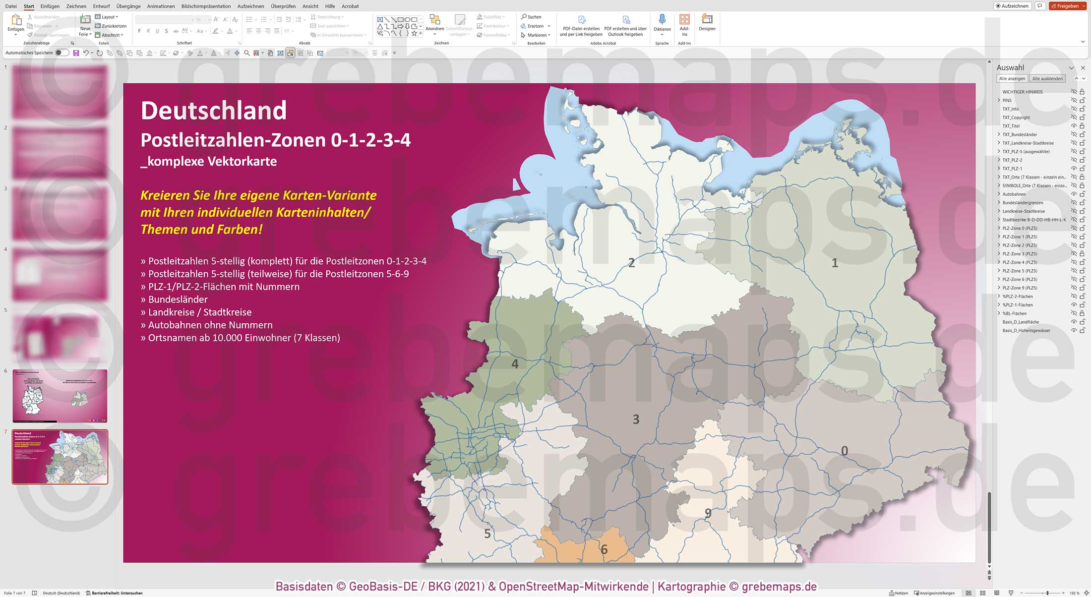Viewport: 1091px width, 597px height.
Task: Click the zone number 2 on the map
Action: (631, 263)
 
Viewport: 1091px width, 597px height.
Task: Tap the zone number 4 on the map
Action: (515, 364)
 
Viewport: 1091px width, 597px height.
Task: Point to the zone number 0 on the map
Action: (845, 451)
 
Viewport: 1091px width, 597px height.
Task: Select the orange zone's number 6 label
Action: (604, 549)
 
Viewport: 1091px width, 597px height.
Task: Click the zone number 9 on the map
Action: (708, 513)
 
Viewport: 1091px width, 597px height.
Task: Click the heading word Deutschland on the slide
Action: (214, 111)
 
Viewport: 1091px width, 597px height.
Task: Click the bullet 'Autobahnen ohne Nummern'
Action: (210, 325)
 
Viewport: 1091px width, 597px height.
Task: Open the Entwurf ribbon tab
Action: (102, 6)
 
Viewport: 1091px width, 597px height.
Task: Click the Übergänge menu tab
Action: (128, 6)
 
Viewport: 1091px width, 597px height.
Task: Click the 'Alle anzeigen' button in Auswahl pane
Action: (1012, 78)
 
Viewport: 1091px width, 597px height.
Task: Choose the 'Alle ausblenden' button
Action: (1047, 78)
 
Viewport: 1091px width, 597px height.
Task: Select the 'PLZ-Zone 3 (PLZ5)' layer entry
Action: (1020, 254)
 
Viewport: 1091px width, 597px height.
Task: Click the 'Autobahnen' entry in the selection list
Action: (1014, 194)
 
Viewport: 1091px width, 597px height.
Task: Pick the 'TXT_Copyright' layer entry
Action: (1016, 118)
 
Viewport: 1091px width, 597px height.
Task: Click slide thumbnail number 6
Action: (60, 396)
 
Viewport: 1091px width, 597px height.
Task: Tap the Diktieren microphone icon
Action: (662, 20)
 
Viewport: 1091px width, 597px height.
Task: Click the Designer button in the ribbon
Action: (707, 22)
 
